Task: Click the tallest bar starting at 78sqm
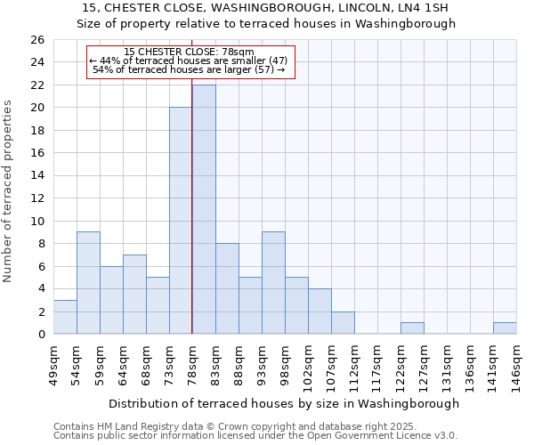tap(204, 209)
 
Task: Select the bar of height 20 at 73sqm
tap(181, 221)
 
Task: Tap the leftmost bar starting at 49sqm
tap(65, 317)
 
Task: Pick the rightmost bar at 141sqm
tap(505, 328)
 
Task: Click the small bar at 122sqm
tap(412, 328)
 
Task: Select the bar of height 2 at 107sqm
tap(343, 323)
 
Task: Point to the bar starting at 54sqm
tap(88, 283)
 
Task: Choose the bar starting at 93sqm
tap(273, 283)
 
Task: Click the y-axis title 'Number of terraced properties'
tap(8, 191)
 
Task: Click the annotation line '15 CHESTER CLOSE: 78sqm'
tap(190, 52)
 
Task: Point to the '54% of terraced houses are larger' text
tap(189, 69)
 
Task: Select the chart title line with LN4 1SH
tap(265, 8)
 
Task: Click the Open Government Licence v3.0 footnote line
tap(255, 436)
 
